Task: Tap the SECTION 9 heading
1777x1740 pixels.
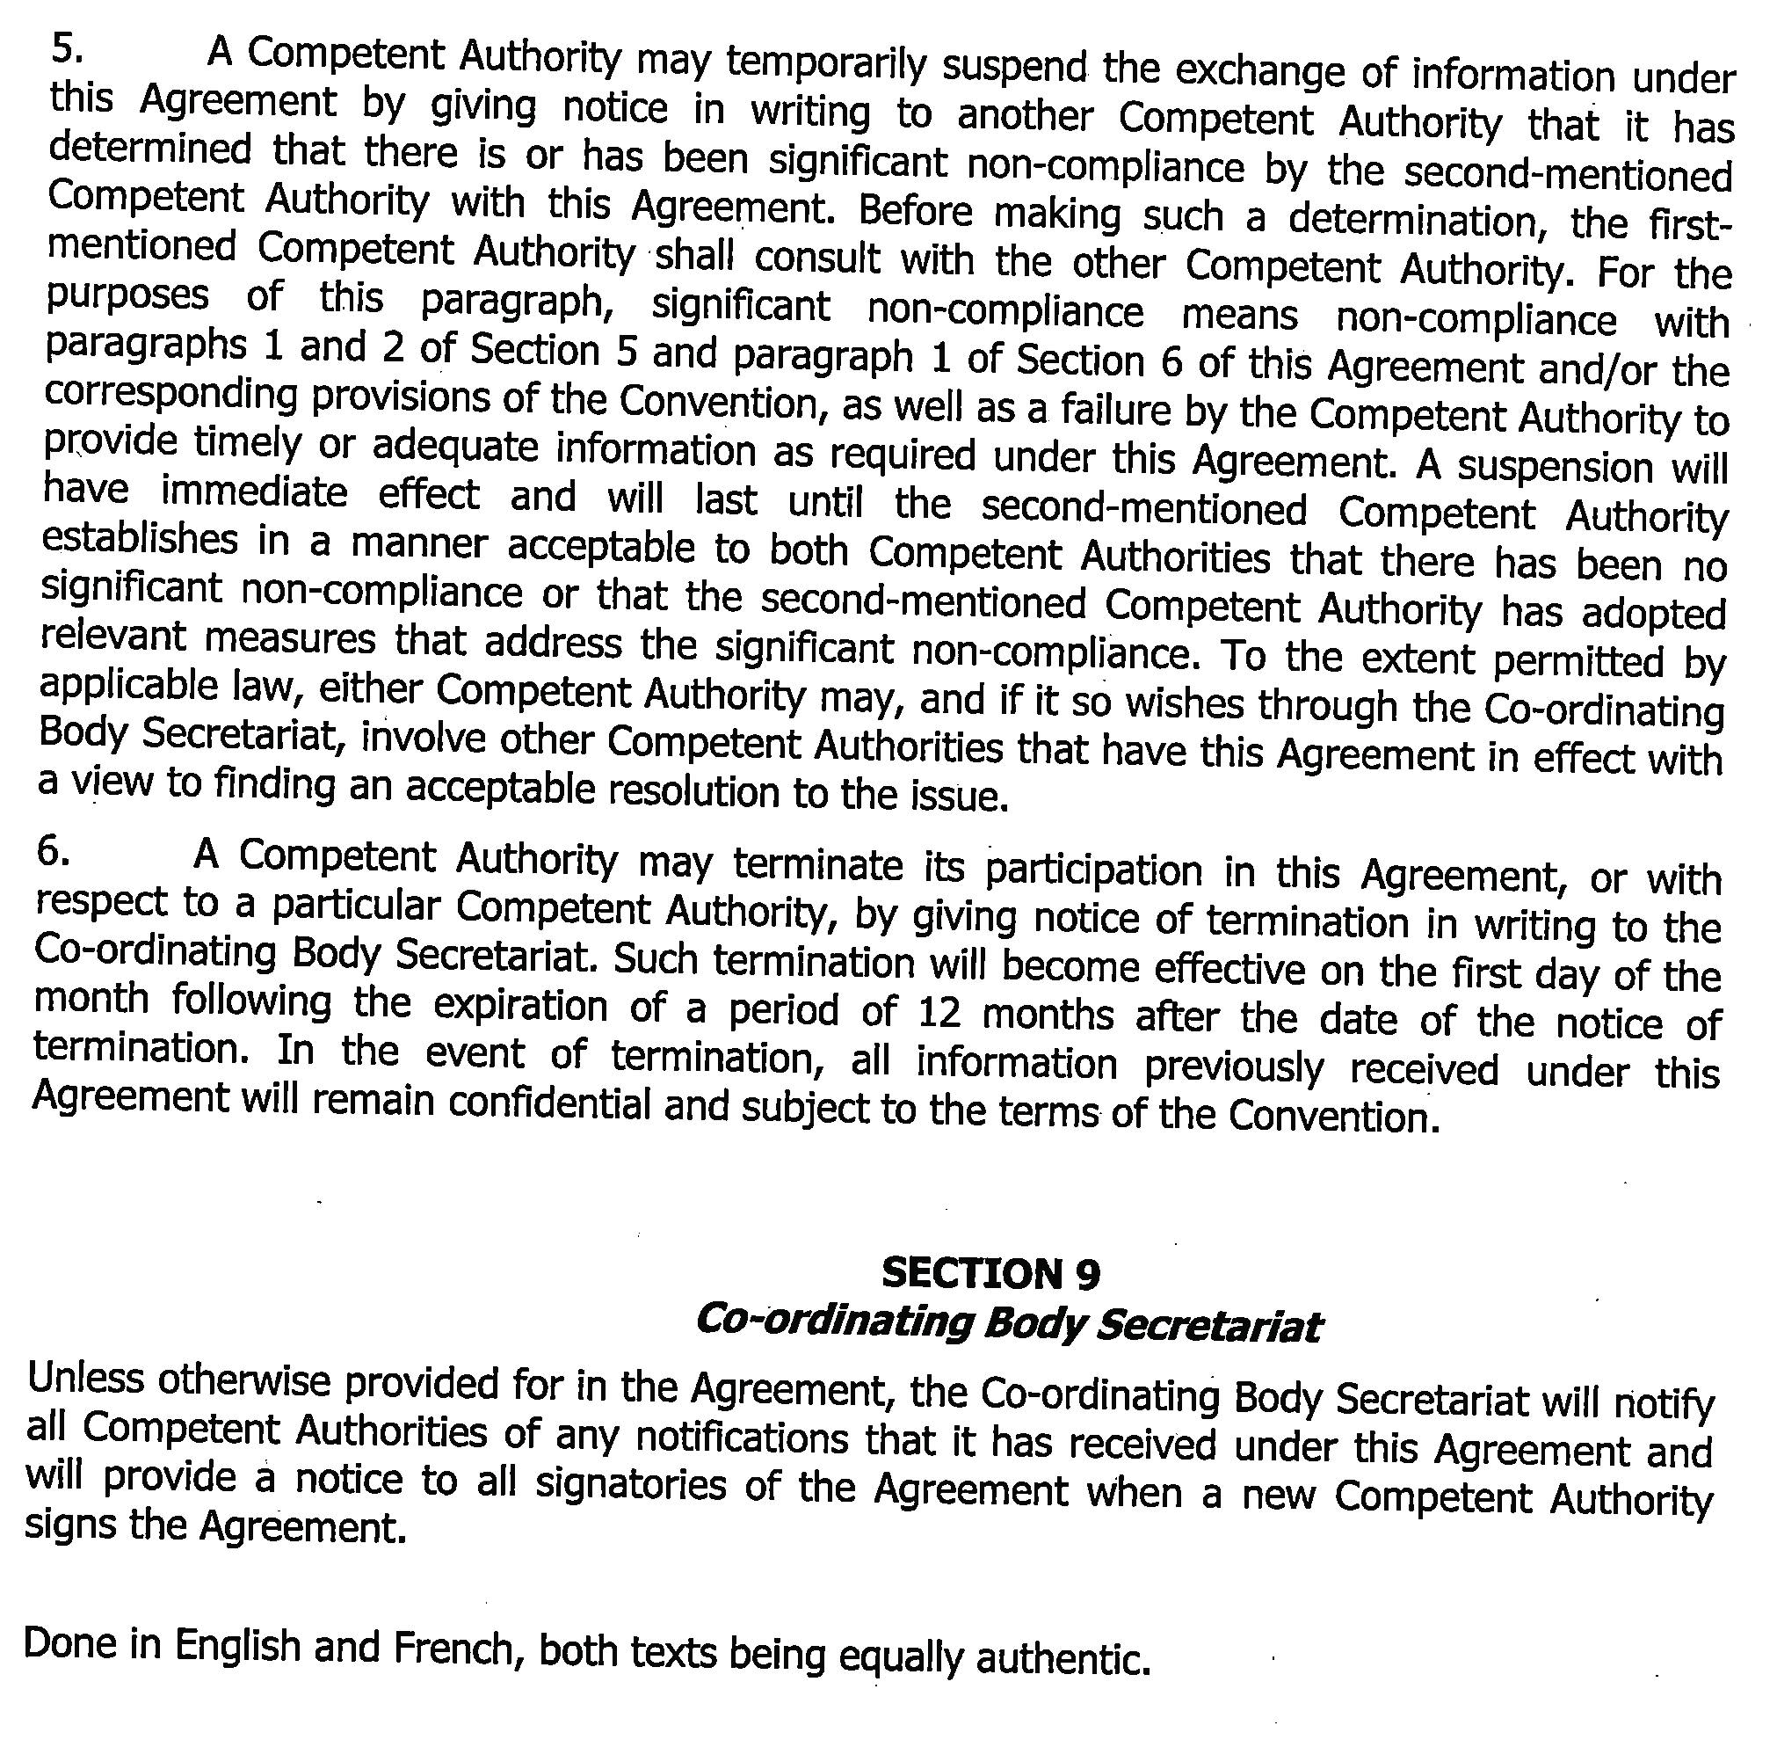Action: [x=990, y=1273]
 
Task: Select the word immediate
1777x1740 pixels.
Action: [x=254, y=493]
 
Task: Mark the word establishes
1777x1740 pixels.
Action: [x=140, y=541]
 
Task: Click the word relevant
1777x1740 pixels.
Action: [x=114, y=636]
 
